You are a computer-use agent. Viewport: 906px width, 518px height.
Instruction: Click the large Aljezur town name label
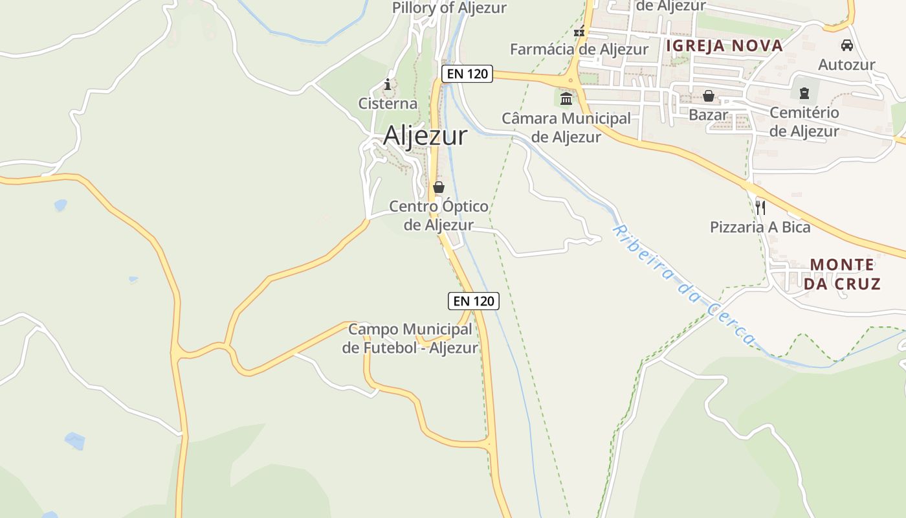tap(425, 136)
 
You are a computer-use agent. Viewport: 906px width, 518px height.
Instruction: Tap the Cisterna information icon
tap(388, 84)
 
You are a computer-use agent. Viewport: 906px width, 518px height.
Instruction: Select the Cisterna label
tap(388, 104)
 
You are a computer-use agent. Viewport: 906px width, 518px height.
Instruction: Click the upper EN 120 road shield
tap(467, 74)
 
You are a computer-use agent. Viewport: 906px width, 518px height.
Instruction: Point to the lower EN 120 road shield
tap(474, 300)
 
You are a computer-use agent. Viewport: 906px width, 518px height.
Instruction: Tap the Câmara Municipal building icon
tap(566, 98)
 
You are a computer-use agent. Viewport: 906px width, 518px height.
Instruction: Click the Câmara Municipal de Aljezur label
tap(566, 128)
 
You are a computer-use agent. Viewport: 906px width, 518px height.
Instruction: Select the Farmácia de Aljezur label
tap(579, 49)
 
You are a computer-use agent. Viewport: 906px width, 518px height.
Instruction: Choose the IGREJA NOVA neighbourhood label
tap(724, 45)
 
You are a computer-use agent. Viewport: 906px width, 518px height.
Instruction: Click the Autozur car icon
tap(846, 45)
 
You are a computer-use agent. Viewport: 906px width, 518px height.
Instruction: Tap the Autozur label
tap(846, 65)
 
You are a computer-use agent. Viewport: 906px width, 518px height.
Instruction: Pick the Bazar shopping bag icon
tap(709, 96)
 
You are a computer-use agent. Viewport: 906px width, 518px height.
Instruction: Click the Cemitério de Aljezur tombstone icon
tap(804, 93)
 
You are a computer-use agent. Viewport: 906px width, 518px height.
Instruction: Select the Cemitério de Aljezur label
tap(804, 122)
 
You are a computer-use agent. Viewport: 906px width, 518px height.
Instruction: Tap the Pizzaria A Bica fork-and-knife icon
tap(760, 207)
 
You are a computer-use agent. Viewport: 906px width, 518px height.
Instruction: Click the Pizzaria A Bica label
tap(760, 227)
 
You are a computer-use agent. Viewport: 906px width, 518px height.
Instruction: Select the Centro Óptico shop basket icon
tap(439, 188)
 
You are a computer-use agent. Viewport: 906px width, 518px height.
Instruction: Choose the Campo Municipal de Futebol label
tap(410, 339)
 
